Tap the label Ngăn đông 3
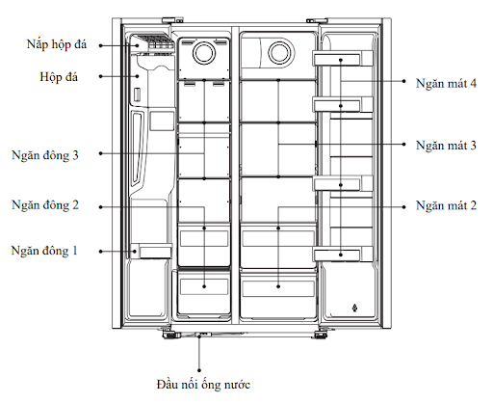coord(47,154)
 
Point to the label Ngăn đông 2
coord(47,204)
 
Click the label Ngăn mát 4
coord(448,85)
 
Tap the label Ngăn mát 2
coord(448,205)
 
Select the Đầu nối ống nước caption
coord(203,383)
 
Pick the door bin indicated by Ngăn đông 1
coord(153,251)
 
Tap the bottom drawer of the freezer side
coord(203,285)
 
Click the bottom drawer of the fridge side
coord(277,286)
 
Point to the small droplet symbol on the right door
coord(355,309)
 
